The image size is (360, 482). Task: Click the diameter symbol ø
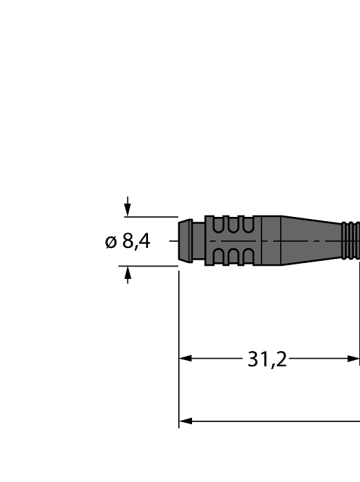[111, 242]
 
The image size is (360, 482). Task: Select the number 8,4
[136, 242]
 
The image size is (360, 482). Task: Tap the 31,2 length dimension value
[267, 359]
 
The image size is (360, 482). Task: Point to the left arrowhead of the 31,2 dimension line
[185, 359]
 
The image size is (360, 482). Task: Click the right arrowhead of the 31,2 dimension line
[354, 359]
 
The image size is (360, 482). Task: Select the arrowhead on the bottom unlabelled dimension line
[185, 421]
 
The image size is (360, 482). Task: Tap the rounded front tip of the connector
[184, 240]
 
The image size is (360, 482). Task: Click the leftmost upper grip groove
[219, 224]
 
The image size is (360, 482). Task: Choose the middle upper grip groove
[234, 224]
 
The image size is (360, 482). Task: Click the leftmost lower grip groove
[219, 257]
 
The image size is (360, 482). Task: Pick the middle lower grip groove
[234, 257]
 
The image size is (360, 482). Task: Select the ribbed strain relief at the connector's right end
[351, 240]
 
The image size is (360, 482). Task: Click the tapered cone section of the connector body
[310, 240]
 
